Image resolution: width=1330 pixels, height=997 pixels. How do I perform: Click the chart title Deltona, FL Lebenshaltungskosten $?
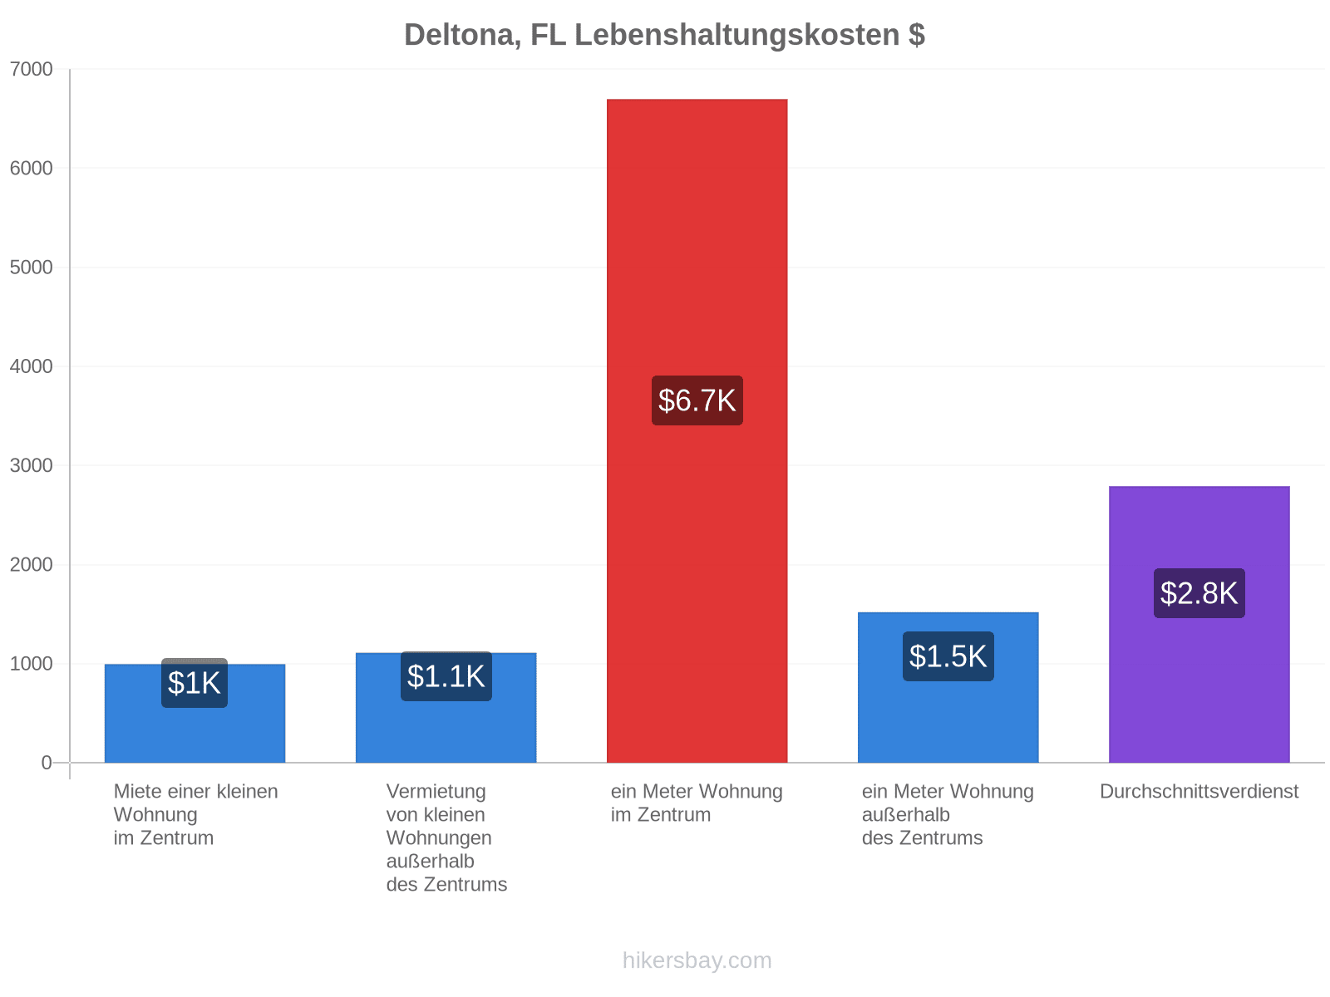click(x=664, y=35)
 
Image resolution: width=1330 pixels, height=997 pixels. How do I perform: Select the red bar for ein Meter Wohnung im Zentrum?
click(x=697, y=430)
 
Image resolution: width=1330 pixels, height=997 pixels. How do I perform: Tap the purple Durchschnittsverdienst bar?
click(x=1199, y=624)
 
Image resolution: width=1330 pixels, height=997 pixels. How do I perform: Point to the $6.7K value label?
click(x=697, y=400)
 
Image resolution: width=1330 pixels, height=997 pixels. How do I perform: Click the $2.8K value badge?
click(x=1199, y=592)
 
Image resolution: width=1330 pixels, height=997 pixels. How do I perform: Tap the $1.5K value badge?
click(x=948, y=656)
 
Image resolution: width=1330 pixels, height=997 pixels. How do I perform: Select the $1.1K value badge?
click(x=446, y=676)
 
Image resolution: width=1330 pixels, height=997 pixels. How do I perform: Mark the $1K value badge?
click(x=195, y=682)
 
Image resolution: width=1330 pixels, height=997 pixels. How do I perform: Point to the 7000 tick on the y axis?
click(x=31, y=69)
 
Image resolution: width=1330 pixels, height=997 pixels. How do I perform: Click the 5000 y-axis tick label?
click(x=31, y=267)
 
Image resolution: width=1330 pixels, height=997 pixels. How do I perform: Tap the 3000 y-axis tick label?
click(x=31, y=465)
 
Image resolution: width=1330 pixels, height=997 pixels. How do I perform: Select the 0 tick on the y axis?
click(x=47, y=762)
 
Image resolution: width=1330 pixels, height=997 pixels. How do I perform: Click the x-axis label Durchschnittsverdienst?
click(x=1199, y=791)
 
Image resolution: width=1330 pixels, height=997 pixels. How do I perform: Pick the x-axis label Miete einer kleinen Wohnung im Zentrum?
click(x=195, y=814)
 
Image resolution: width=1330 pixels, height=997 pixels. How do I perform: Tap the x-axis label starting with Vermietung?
click(x=446, y=837)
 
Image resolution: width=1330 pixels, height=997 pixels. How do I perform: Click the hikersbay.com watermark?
click(x=697, y=960)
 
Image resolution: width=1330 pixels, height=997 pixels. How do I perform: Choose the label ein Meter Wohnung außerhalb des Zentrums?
click(x=948, y=814)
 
